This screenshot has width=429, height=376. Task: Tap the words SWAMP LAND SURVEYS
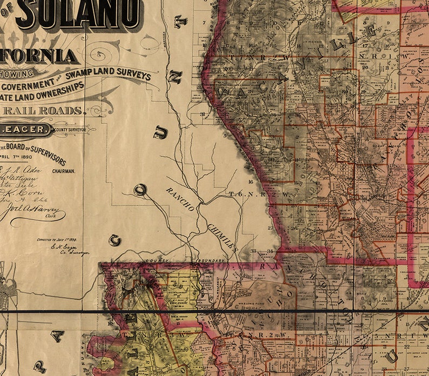[x=116, y=73]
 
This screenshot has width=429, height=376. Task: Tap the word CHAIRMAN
[x=64, y=171]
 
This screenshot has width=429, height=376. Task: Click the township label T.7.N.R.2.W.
[x=250, y=56]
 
